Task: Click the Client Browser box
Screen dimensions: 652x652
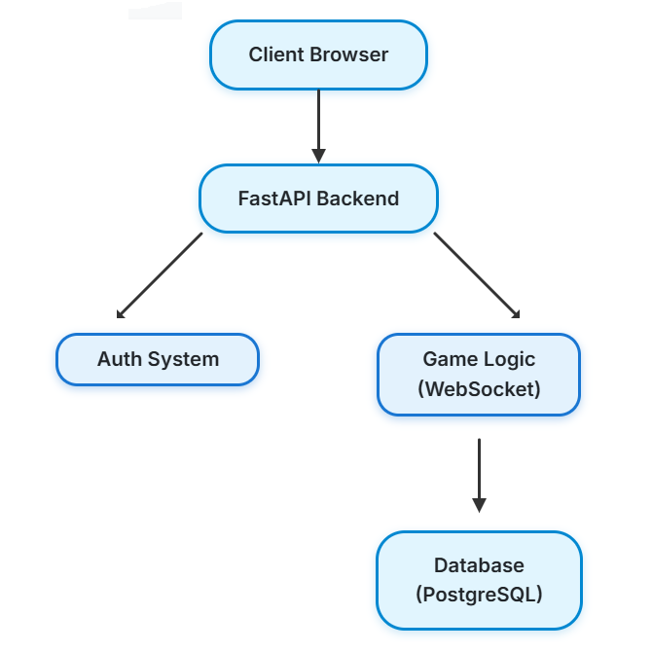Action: tap(318, 54)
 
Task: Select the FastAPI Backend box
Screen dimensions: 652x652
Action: tap(318, 199)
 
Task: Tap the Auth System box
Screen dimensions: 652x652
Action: tap(158, 359)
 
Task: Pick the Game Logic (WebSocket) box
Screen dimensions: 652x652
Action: tap(478, 375)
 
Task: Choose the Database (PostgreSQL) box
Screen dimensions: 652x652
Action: tap(478, 580)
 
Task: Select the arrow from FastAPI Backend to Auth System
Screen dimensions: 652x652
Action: tap(160, 275)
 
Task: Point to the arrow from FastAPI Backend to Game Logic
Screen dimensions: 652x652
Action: tap(477, 275)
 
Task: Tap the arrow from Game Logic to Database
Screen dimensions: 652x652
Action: tap(478, 475)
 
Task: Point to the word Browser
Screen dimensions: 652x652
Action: tap(348, 54)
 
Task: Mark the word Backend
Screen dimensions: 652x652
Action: tap(357, 199)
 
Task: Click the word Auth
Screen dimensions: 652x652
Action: tap(116, 359)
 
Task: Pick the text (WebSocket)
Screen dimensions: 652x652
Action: tap(478, 389)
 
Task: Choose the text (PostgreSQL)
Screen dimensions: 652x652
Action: tap(478, 594)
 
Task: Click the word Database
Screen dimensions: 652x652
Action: tap(478, 565)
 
